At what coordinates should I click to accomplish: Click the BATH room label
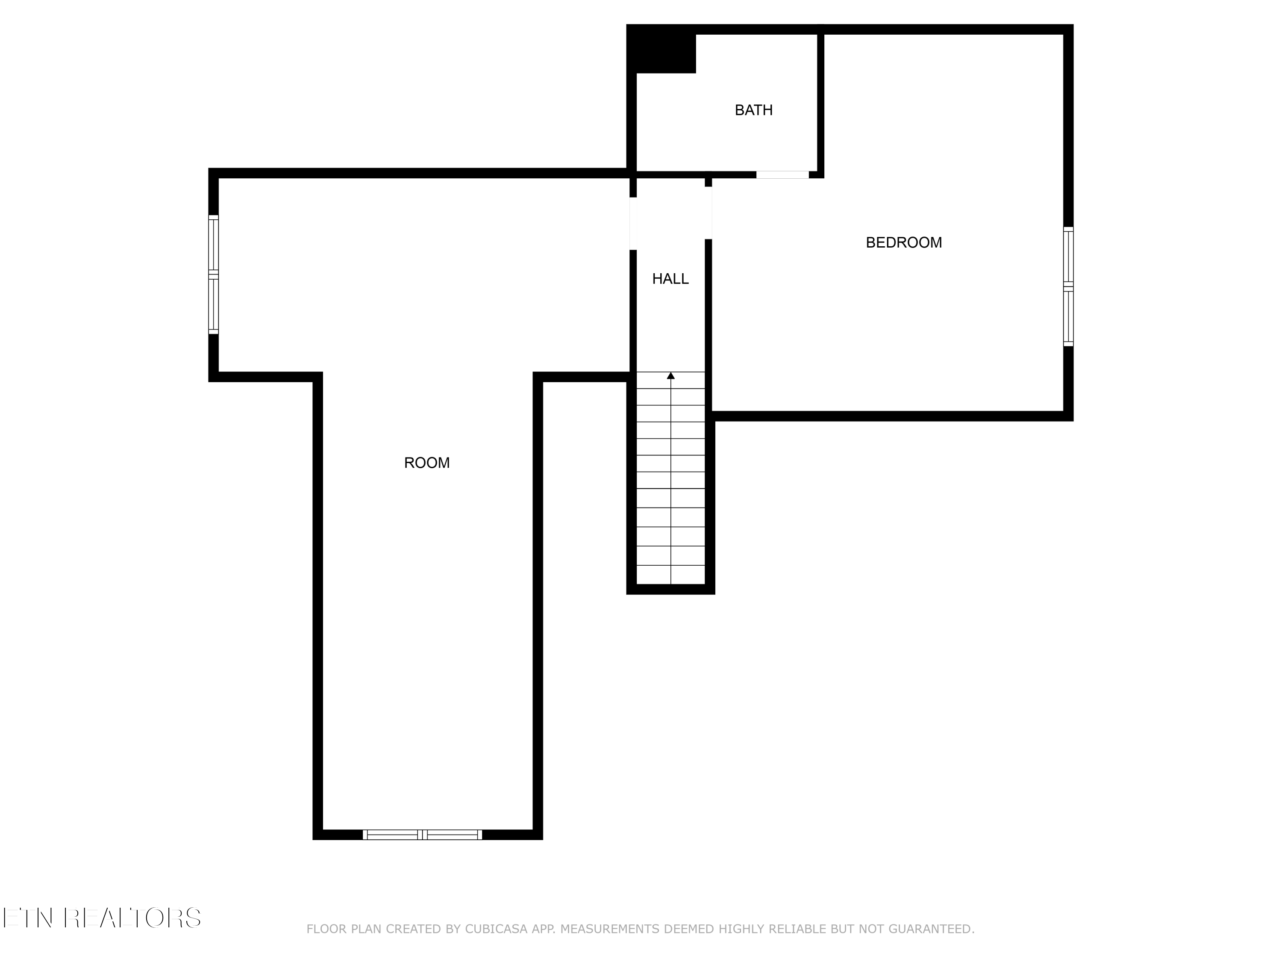point(753,110)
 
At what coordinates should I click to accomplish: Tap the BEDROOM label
point(903,242)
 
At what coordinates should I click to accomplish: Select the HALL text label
point(670,279)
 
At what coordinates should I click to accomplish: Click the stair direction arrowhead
point(670,376)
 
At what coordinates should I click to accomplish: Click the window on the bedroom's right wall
point(1068,286)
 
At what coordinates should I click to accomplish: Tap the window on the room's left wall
point(213,274)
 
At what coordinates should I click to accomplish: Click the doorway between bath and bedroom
point(782,174)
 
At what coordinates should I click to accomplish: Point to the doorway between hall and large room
point(633,223)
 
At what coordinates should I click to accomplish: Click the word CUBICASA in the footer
point(496,929)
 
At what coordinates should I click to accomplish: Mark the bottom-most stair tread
point(670,575)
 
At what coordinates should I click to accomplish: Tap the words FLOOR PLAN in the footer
point(344,929)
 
